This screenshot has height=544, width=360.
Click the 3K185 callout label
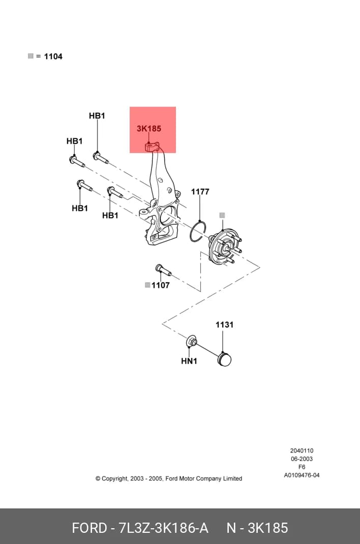click(x=149, y=128)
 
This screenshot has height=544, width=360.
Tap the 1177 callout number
click(x=200, y=192)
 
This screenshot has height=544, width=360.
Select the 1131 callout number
click(x=224, y=325)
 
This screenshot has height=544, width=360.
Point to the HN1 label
click(x=189, y=361)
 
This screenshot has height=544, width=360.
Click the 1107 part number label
click(x=161, y=285)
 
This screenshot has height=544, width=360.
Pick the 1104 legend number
click(x=53, y=56)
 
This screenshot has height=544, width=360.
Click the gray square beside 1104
click(x=31, y=56)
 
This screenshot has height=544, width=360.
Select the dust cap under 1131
click(x=224, y=359)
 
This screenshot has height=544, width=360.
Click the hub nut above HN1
click(x=192, y=341)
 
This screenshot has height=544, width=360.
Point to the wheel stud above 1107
click(x=162, y=269)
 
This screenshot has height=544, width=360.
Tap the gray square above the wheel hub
click(x=222, y=216)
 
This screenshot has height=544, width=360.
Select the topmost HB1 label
click(x=97, y=115)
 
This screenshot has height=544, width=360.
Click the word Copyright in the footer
click(x=114, y=479)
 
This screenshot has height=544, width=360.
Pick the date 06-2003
click(x=302, y=459)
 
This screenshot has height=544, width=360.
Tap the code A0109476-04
click(x=302, y=475)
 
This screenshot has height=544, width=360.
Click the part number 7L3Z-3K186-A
click(x=163, y=528)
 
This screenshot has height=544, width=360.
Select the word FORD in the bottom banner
click(x=89, y=528)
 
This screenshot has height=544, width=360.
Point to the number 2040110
click(x=302, y=450)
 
